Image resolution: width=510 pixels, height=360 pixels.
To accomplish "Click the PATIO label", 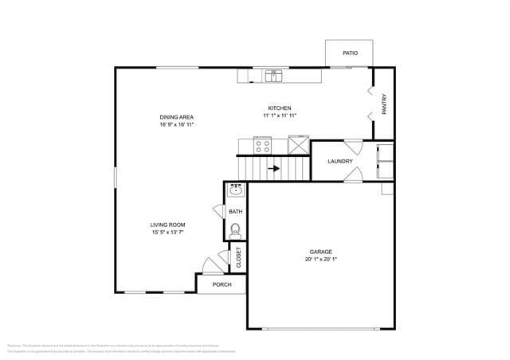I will pyautogui.click(x=350, y=53).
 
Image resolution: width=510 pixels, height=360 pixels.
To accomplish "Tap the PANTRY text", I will pyautogui.click(x=384, y=104).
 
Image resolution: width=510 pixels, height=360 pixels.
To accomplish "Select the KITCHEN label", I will pyautogui.click(x=279, y=108).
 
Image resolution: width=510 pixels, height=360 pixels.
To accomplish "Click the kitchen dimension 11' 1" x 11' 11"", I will pyautogui.click(x=279, y=116).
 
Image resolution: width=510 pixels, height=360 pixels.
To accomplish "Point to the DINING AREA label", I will pyautogui.click(x=177, y=117).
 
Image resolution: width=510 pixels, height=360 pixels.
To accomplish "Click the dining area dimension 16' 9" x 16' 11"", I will pyautogui.click(x=177, y=125).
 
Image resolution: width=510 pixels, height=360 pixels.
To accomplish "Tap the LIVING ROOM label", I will pyautogui.click(x=167, y=225).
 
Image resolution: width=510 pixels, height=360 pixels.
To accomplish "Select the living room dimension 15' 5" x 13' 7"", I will pyautogui.click(x=167, y=233).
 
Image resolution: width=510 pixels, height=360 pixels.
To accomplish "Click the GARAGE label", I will pyautogui.click(x=321, y=252).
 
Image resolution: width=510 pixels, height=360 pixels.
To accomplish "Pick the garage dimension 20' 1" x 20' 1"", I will pyautogui.click(x=321, y=260).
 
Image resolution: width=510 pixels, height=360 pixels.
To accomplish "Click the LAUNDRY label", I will pyautogui.click(x=339, y=162).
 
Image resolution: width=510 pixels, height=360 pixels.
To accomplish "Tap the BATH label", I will pyautogui.click(x=235, y=212).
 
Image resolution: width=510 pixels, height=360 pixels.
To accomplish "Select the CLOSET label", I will pyautogui.click(x=238, y=256).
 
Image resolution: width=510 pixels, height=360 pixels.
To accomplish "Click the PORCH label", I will pyautogui.click(x=222, y=284).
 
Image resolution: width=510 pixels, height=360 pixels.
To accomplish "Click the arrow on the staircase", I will pyautogui.click(x=273, y=169).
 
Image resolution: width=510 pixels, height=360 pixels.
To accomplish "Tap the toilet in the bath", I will pyautogui.click(x=235, y=230).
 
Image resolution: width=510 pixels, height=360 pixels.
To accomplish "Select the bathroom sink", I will pyautogui.click(x=235, y=190).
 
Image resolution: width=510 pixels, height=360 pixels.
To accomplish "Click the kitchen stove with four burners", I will pyautogui.click(x=262, y=145).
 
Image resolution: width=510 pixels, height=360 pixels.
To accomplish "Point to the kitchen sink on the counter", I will pyautogui.click(x=273, y=76).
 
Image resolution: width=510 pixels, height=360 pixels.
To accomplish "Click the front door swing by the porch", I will pyautogui.click(x=211, y=266).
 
